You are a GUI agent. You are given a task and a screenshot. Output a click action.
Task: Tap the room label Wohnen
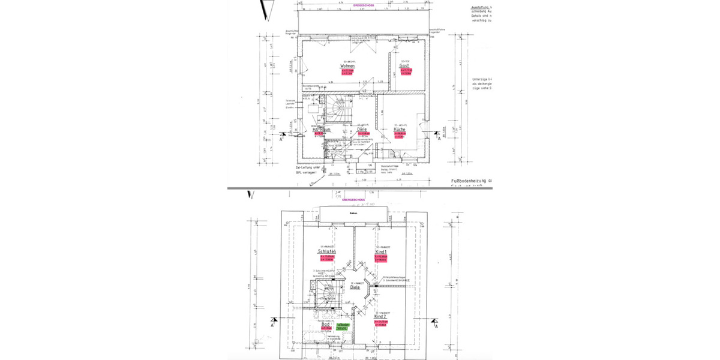point(347,66)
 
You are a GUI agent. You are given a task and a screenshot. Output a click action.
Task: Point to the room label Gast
point(413,66)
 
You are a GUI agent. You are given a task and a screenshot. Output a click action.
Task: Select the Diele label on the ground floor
point(362,129)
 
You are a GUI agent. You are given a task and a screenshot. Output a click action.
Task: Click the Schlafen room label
point(327,251)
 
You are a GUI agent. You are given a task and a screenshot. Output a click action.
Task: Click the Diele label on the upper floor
point(355,287)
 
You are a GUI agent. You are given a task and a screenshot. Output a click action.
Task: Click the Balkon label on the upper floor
point(353,213)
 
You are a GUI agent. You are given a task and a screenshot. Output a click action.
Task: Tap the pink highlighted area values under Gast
point(414,72)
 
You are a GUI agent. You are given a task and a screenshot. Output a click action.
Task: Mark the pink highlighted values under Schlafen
point(328,258)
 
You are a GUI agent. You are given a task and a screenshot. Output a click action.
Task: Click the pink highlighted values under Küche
point(400,136)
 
